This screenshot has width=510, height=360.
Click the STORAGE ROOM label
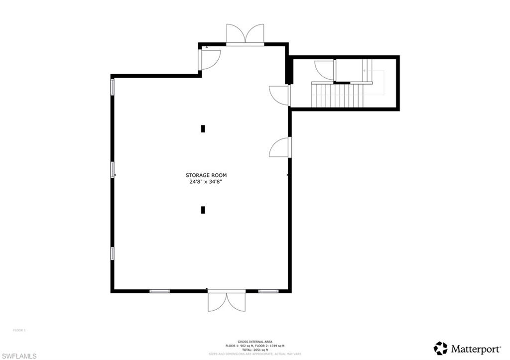[x=206, y=175]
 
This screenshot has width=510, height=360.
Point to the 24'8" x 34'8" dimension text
[x=206, y=182]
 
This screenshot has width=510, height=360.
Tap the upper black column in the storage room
[x=203, y=128]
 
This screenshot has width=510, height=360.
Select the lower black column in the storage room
[x=203, y=210]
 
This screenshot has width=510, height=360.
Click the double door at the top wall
[x=245, y=34]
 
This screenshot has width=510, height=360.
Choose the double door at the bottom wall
[x=227, y=302]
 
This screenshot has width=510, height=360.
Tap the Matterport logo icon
[x=440, y=348]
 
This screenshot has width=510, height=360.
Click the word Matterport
[x=469, y=349]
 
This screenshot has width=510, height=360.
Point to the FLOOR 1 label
[x=19, y=330]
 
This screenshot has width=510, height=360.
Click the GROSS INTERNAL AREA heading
[x=255, y=342]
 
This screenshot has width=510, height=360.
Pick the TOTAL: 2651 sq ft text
[x=255, y=350]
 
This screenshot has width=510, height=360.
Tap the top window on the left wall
[x=113, y=87]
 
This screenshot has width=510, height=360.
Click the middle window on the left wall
[x=113, y=170]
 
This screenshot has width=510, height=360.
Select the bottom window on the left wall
[x=113, y=253]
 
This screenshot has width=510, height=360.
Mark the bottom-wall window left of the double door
[x=159, y=291]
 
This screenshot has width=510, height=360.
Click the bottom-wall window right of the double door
[x=267, y=291]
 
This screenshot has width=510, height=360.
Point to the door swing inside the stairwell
[x=325, y=70]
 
